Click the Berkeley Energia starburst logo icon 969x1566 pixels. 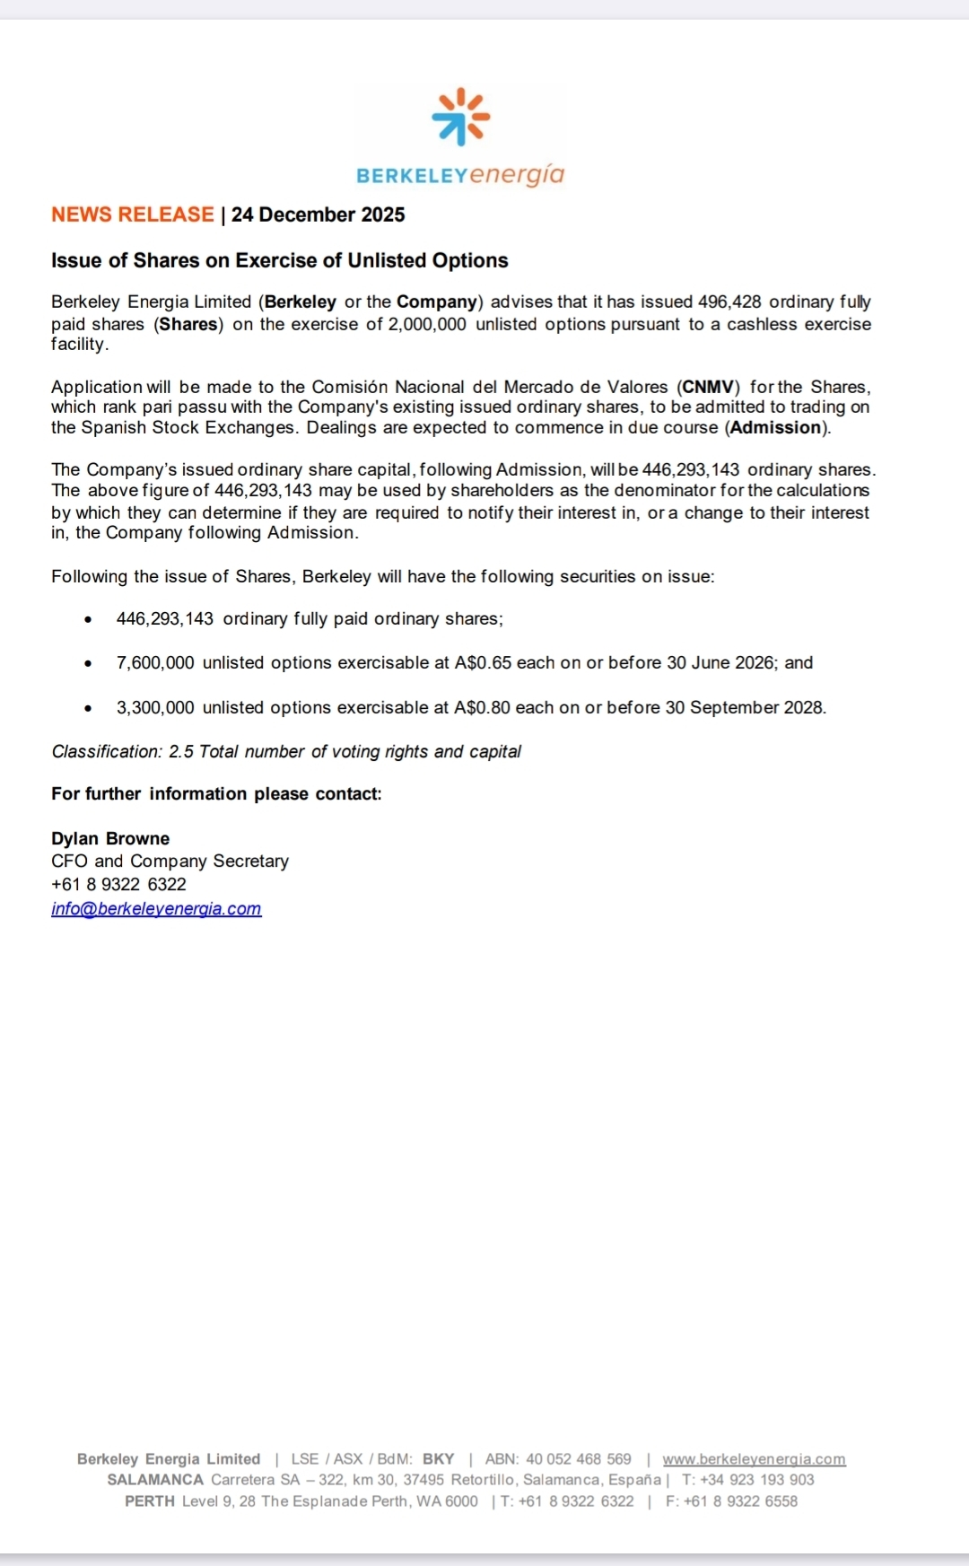pyautogui.click(x=460, y=116)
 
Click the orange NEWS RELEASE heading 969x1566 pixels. pyautogui.click(x=132, y=215)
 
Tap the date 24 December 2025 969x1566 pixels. pyautogui.click(x=318, y=215)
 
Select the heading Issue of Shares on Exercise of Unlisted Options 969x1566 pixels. pyautogui.click(x=279, y=261)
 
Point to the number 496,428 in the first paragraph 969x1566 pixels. pyautogui.click(x=729, y=302)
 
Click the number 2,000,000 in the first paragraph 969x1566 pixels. pyautogui.click(x=426, y=324)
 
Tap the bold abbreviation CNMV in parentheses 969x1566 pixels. pyautogui.click(x=709, y=388)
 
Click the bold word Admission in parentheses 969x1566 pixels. pyautogui.click(x=776, y=428)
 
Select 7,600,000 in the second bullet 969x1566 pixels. pyautogui.click(x=155, y=663)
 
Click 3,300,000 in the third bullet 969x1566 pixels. pyautogui.click(x=155, y=708)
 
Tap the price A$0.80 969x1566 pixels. pyautogui.click(x=482, y=708)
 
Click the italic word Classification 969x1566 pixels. pyautogui.click(x=106, y=752)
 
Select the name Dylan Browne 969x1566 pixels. pyautogui.click(x=110, y=839)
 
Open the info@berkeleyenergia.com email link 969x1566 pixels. pyautogui.click(x=156, y=909)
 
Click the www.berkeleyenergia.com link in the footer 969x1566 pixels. pyautogui.click(x=754, y=1460)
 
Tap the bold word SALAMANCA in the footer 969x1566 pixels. pyautogui.click(x=155, y=1481)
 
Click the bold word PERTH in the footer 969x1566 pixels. pyautogui.click(x=149, y=1502)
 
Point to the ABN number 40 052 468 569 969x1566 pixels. pyautogui.click(x=578, y=1460)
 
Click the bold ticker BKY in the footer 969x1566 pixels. pyautogui.click(x=438, y=1460)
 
